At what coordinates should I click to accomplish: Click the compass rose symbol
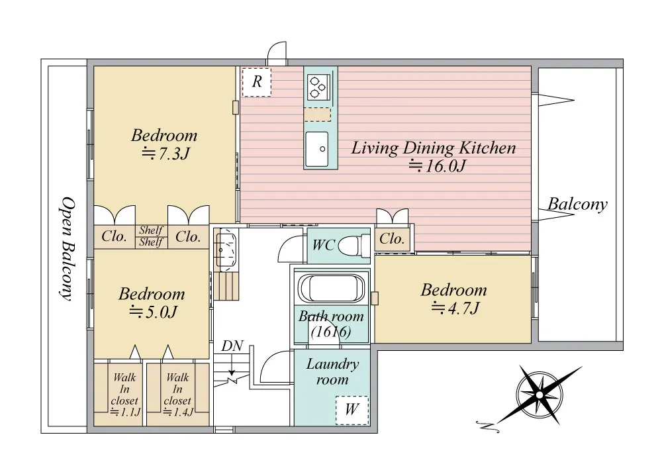pyautogui.click(x=539, y=395)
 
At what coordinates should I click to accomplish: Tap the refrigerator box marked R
pyautogui.click(x=257, y=82)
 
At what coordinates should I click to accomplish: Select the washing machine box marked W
pyautogui.click(x=352, y=410)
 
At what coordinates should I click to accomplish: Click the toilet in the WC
pyautogui.click(x=350, y=245)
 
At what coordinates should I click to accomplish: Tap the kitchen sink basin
pyautogui.click(x=316, y=149)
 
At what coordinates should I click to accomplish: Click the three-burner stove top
pyautogui.click(x=318, y=87)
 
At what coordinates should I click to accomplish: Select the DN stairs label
pyautogui.click(x=232, y=346)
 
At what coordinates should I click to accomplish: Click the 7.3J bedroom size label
pyautogui.click(x=165, y=154)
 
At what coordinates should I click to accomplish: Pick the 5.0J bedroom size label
pyautogui.click(x=153, y=312)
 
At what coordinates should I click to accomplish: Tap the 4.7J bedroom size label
pyautogui.click(x=455, y=308)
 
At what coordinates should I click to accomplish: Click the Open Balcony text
pyautogui.click(x=66, y=249)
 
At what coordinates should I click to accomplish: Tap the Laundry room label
pyautogui.click(x=333, y=371)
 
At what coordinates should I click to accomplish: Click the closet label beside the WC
pyautogui.click(x=392, y=239)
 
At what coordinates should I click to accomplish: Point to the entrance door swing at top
pyautogui.click(x=277, y=53)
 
